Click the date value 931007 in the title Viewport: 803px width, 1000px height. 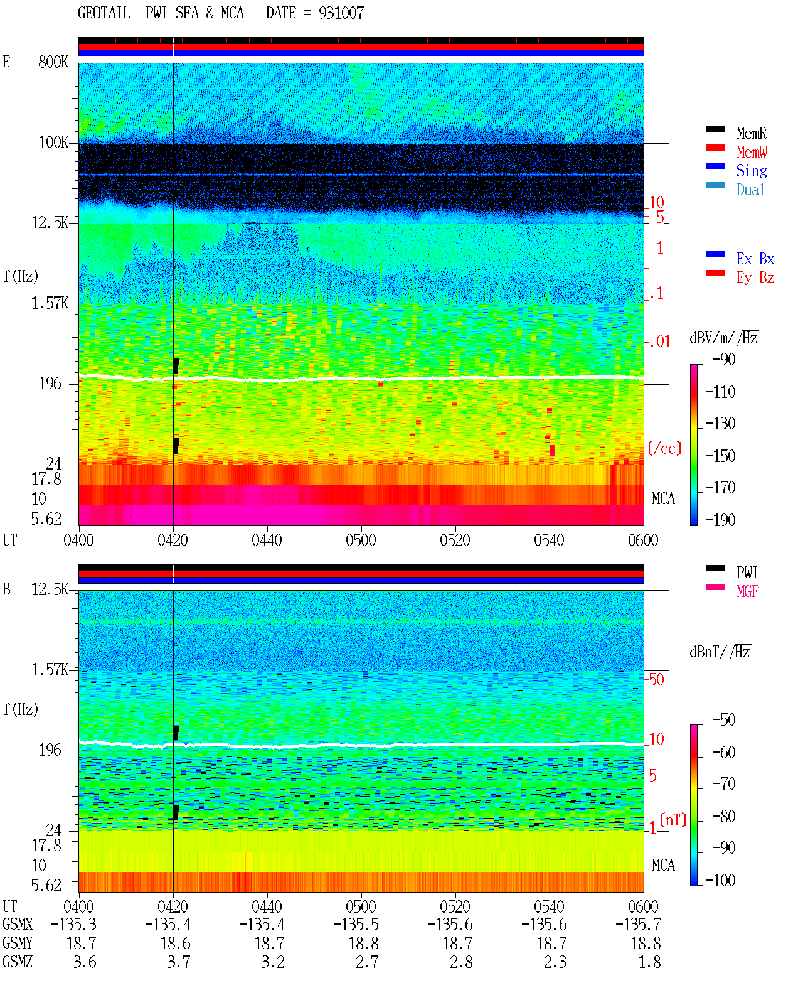tap(341, 13)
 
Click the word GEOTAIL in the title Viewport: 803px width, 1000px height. tap(104, 13)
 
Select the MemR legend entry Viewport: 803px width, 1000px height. tap(751, 133)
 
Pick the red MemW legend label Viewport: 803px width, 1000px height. tap(751, 152)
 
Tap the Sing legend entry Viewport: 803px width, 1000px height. tap(751, 171)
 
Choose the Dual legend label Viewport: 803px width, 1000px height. tap(751, 190)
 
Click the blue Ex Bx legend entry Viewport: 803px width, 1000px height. tap(755, 259)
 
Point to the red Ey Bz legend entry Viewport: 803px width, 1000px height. tap(755, 278)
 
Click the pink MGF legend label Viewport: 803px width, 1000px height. tap(747, 591)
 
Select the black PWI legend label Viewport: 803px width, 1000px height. tap(747, 573)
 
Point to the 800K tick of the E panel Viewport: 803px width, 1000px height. tap(53, 62)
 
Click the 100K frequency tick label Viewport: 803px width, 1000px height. tap(53, 142)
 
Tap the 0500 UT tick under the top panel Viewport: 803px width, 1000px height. tap(361, 540)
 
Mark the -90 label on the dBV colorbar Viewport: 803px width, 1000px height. tap(724, 360)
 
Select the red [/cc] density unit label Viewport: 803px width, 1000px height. tap(664, 448)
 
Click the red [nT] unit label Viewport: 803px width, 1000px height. tap(673, 820)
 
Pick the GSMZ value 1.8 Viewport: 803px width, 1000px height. tap(649, 962)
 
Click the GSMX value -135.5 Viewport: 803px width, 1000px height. tap(356, 924)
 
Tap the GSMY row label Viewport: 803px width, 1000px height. tap(18, 944)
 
